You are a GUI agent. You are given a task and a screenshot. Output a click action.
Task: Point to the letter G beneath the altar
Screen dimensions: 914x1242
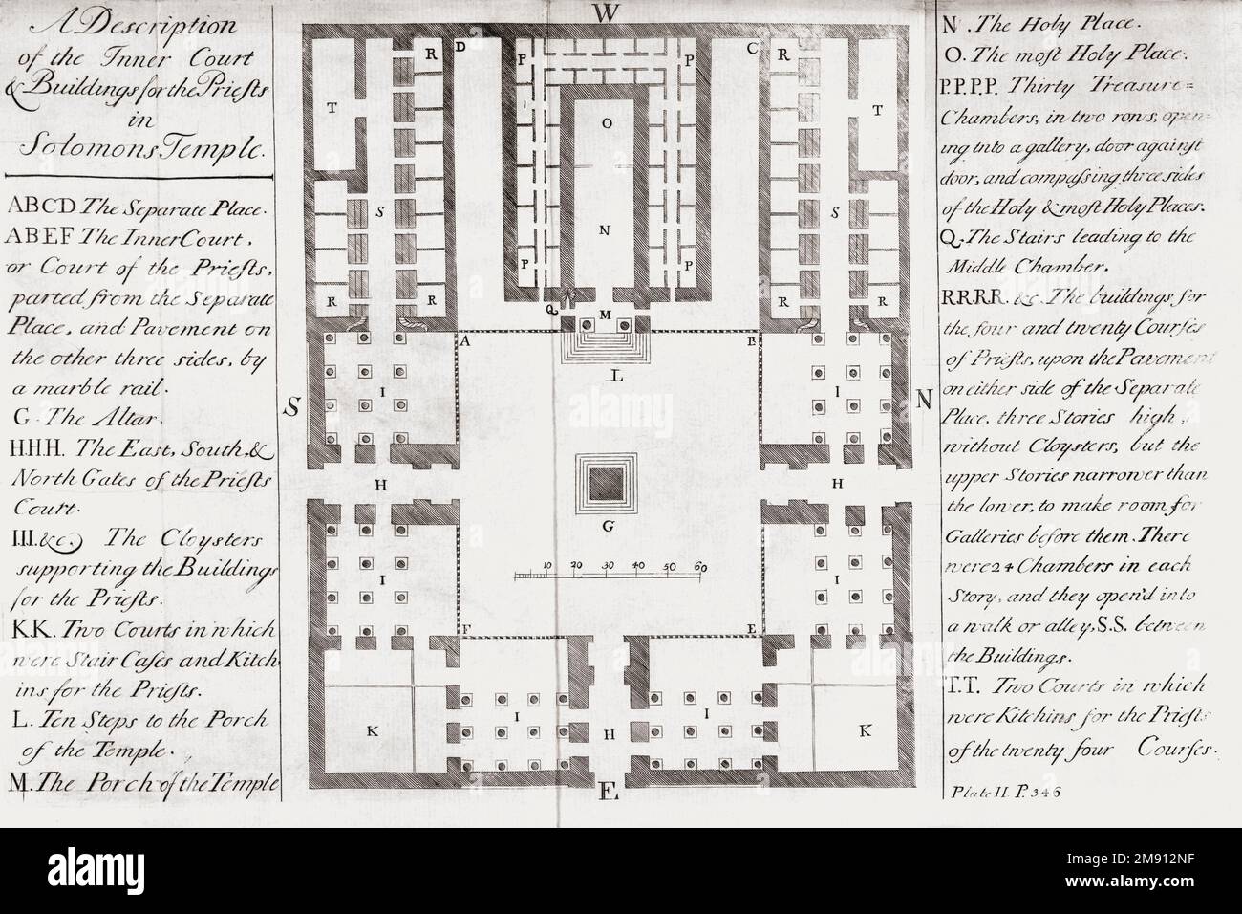tap(604, 525)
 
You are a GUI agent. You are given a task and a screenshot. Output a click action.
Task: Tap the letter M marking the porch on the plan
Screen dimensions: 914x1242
tap(604, 315)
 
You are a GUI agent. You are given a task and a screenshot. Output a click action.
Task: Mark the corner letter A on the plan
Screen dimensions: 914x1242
tap(464, 340)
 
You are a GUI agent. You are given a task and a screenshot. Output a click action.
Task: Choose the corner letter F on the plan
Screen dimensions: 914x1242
tap(465, 629)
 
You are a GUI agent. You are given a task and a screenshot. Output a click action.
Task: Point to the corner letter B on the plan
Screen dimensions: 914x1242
tap(752, 340)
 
